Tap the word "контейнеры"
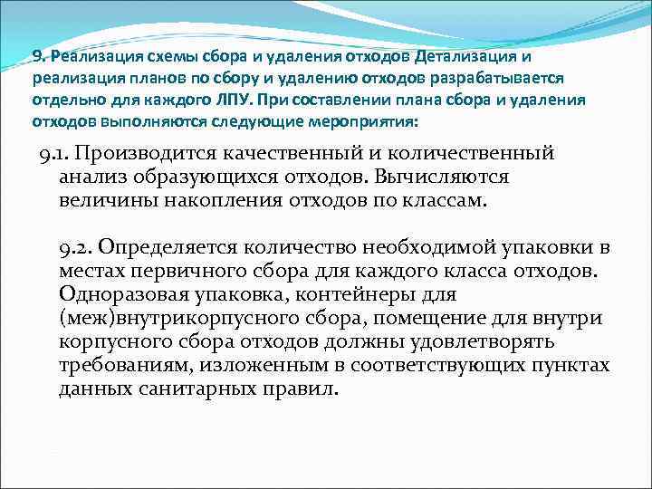click(x=366, y=294)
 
